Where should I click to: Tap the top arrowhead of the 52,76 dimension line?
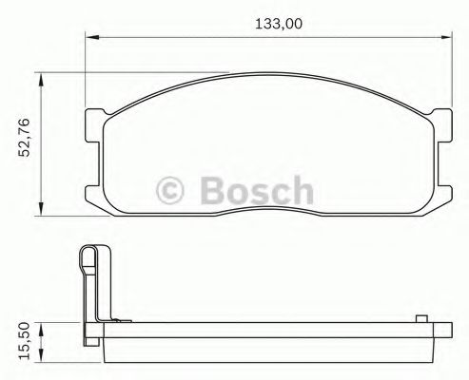pos(39,81)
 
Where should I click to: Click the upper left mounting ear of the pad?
pos(95,123)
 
